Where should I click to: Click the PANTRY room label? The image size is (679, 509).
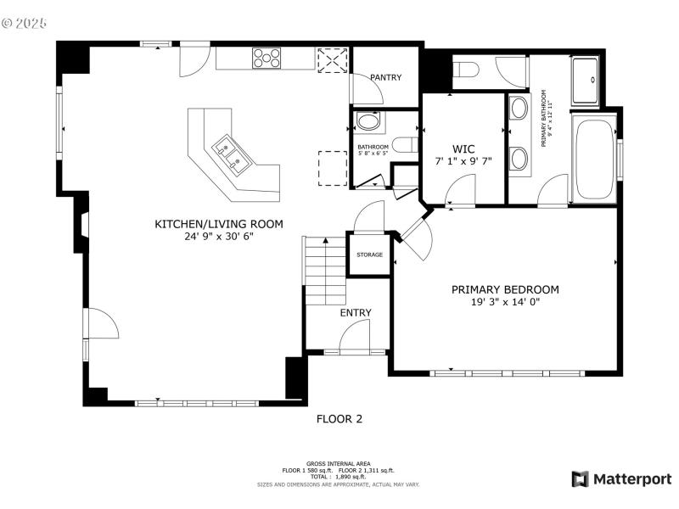click(x=385, y=78)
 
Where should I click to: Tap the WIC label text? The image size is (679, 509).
click(x=463, y=148)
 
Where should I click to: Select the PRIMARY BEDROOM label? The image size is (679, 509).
click(x=504, y=289)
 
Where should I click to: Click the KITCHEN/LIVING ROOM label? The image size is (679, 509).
click(x=218, y=224)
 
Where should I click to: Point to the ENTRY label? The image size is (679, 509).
click(x=356, y=313)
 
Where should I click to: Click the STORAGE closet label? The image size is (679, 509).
click(x=369, y=255)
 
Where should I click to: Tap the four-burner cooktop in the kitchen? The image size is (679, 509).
click(x=266, y=58)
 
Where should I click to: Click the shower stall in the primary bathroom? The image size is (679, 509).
click(x=587, y=80)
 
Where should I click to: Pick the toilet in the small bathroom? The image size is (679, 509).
click(x=405, y=144)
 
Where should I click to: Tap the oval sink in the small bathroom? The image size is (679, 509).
click(x=368, y=122)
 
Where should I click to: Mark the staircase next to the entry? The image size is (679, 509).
click(x=324, y=271)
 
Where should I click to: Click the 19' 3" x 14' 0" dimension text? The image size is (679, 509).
click(x=504, y=302)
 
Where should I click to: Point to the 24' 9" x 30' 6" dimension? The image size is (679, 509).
click(x=218, y=237)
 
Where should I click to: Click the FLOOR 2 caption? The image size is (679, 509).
click(x=339, y=418)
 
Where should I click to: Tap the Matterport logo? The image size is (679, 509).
click(x=621, y=479)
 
